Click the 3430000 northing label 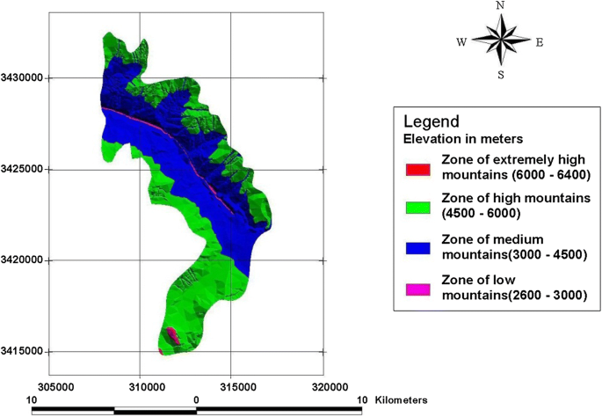pos(25,78)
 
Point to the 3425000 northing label pos(25,169)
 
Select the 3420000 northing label pos(25,260)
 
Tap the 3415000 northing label pos(25,352)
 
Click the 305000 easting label pos(54,385)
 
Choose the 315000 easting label pos(230,385)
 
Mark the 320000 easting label pos(323,385)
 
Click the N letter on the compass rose pos(501,6)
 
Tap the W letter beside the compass pos(461,41)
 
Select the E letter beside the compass pos(539,41)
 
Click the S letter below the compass pos(501,75)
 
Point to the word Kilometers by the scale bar pos(402,399)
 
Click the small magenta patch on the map pos(172,336)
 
